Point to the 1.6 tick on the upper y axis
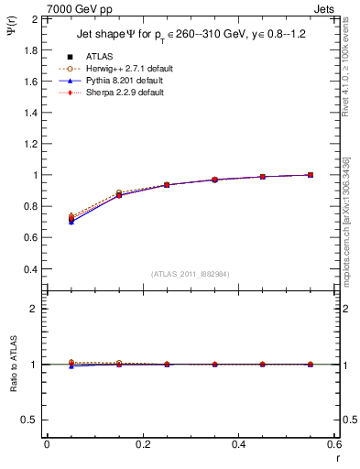(x=29, y=82)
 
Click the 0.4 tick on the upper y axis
(x=29, y=269)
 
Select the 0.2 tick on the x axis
(x=142, y=444)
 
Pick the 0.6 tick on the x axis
(x=333, y=444)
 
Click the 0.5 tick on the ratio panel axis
(x=29, y=420)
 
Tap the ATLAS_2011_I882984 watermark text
(x=190, y=274)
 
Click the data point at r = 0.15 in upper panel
(x=119, y=195)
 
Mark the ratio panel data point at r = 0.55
(x=311, y=365)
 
